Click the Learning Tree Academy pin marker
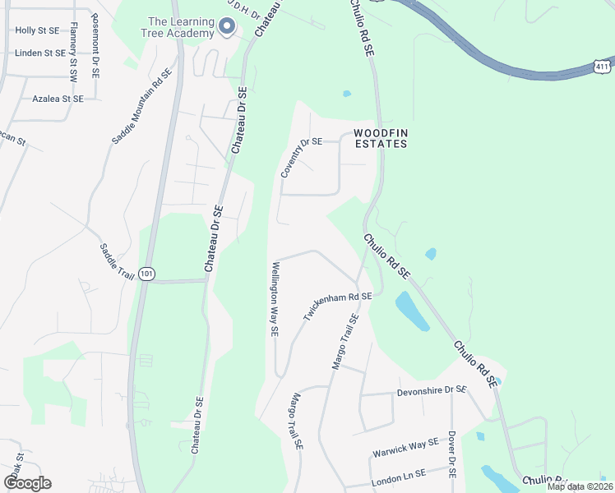(226, 28)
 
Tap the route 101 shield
(146, 274)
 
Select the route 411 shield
(603, 64)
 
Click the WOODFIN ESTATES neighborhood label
(381, 138)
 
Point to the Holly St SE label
(37, 30)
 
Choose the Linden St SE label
(39, 53)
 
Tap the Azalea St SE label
(58, 99)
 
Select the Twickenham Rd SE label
(337, 306)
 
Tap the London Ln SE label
(398, 474)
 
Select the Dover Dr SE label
(452, 453)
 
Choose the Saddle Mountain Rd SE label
(141, 107)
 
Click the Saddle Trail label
(116, 260)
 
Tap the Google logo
(27, 483)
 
